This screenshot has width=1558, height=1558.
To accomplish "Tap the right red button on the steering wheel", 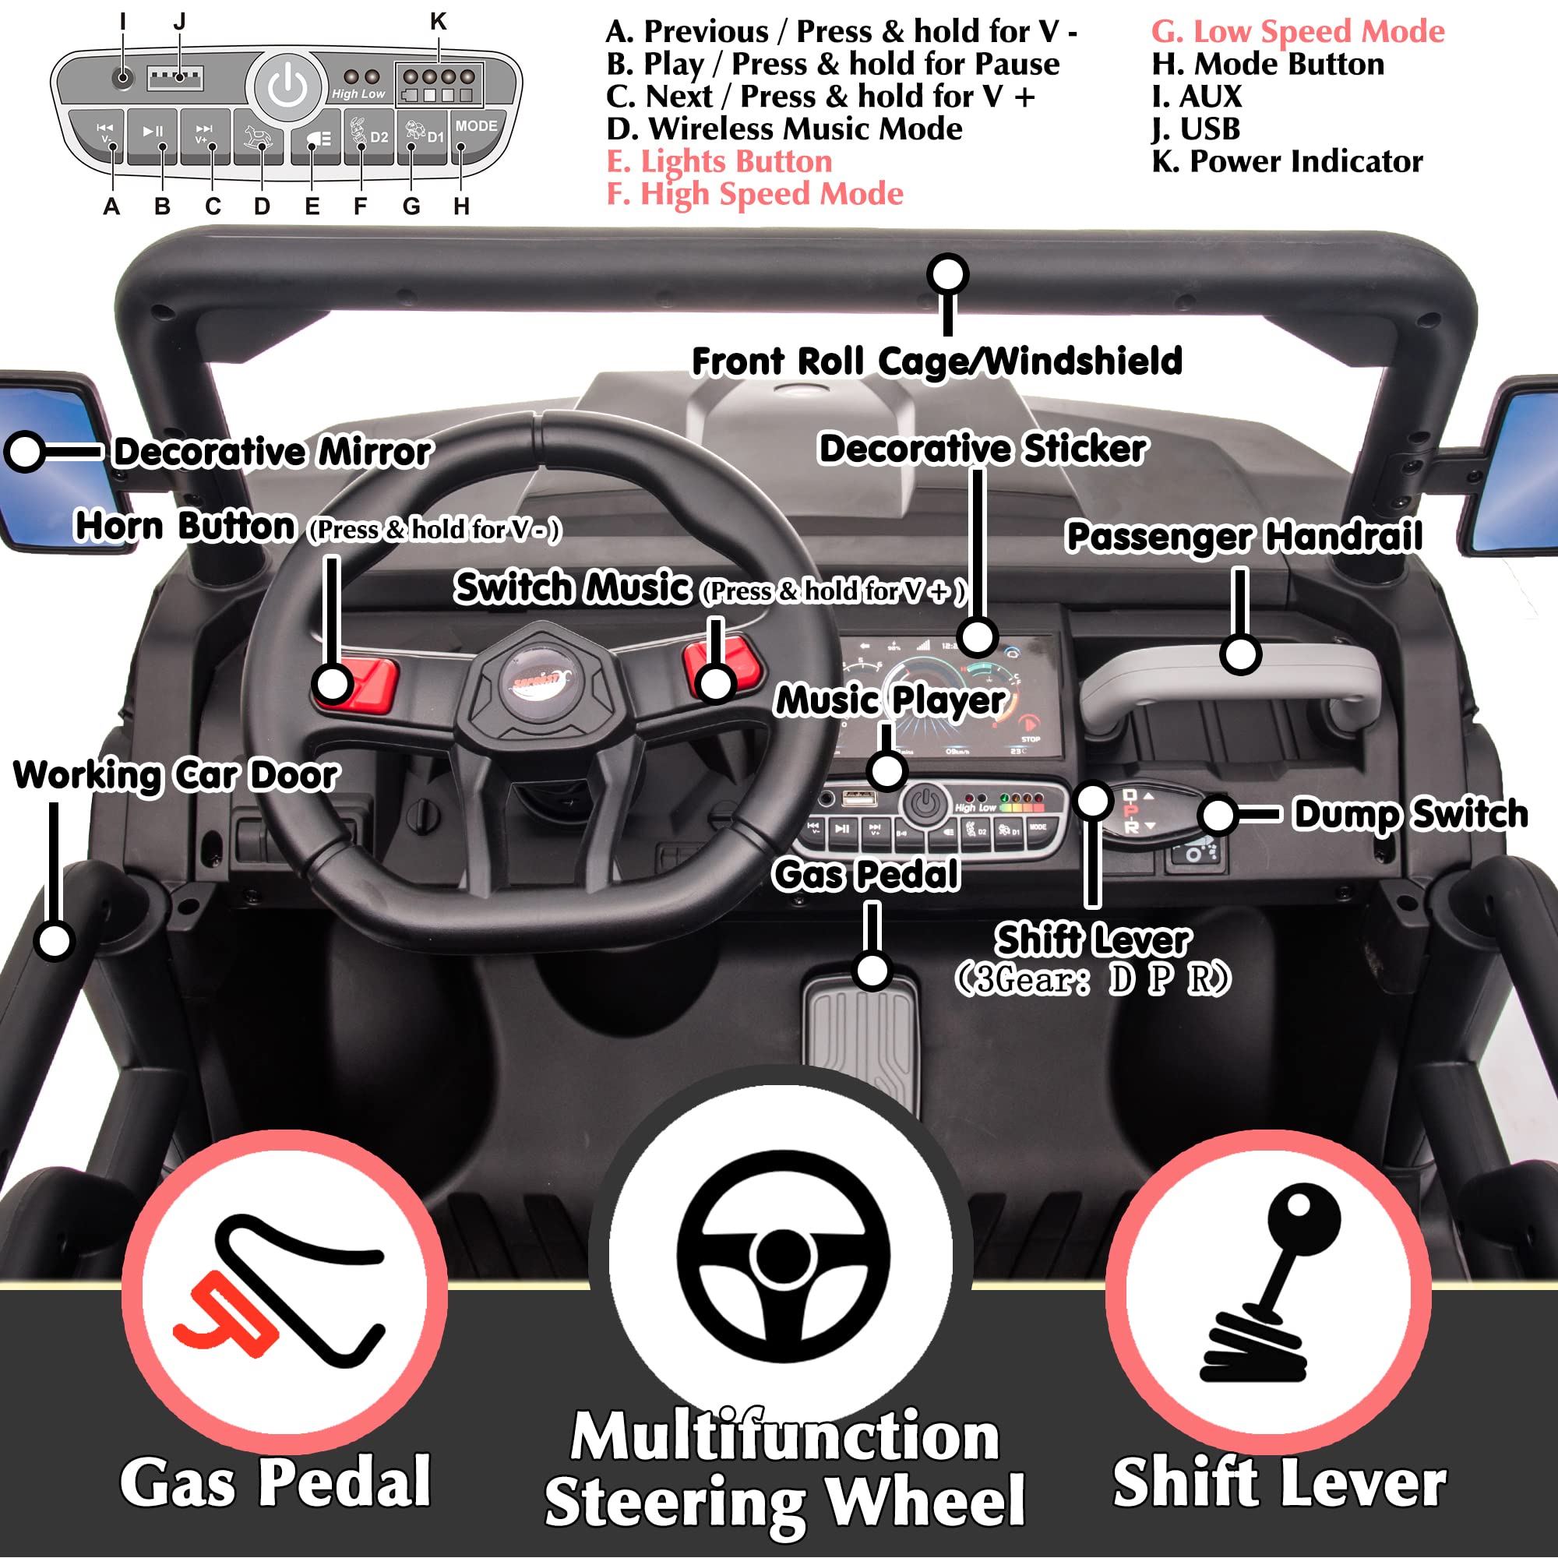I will (726, 664).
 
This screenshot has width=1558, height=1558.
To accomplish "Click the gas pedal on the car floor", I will (862, 1040).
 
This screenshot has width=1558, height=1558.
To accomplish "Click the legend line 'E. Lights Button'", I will (719, 162).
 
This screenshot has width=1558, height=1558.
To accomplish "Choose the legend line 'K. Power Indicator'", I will (1287, 162).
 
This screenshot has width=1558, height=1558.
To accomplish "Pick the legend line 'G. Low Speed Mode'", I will (1298, 32).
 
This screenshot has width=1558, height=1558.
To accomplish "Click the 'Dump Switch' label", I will (1411, 815).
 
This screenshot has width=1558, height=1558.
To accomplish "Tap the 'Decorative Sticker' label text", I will (982, 449).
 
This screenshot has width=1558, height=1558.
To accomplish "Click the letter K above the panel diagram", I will (438, 22).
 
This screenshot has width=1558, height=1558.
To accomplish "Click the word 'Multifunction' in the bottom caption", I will (784, 1437).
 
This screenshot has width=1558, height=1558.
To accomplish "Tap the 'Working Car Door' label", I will (176, 776).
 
